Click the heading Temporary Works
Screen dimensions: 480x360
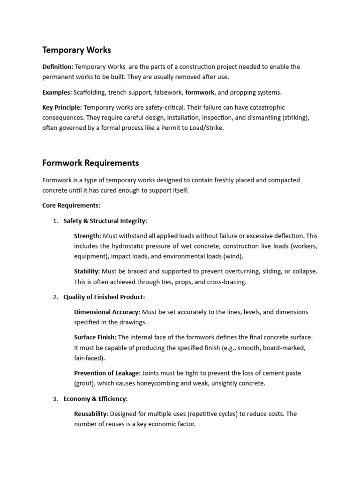(76, 50)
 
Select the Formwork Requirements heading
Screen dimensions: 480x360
(90, 163)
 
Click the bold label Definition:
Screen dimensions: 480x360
(58, 67)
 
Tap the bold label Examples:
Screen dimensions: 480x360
(57, 92)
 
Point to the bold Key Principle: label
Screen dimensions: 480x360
(62, 107)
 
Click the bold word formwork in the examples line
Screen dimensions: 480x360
(200, 92)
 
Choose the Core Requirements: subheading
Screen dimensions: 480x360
(71, 205)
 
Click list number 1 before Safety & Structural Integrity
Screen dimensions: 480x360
(55, 221)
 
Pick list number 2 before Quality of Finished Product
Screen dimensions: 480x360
(55, 297)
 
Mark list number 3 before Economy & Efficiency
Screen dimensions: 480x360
(55, 399)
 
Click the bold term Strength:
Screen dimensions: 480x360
(87, 236)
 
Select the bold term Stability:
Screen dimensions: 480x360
(87, 271)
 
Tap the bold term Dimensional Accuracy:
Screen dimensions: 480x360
(107, 312)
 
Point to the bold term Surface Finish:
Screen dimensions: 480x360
(95, 337)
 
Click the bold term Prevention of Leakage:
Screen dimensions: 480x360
(107, 373)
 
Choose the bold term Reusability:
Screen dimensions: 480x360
(91, 414)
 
